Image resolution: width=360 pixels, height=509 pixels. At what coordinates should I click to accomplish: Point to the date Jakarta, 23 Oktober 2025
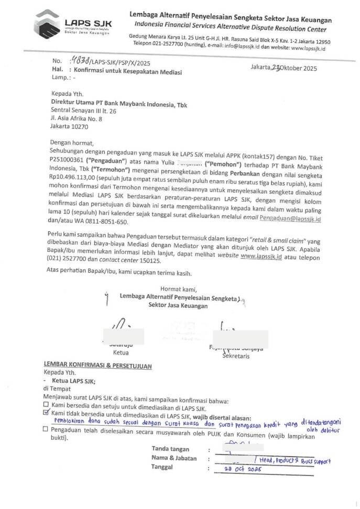(283, 68)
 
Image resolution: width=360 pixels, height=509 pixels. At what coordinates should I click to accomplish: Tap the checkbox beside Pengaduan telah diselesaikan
(46, 431)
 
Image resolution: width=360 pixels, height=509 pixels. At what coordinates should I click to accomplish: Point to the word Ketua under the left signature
(121, 352)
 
